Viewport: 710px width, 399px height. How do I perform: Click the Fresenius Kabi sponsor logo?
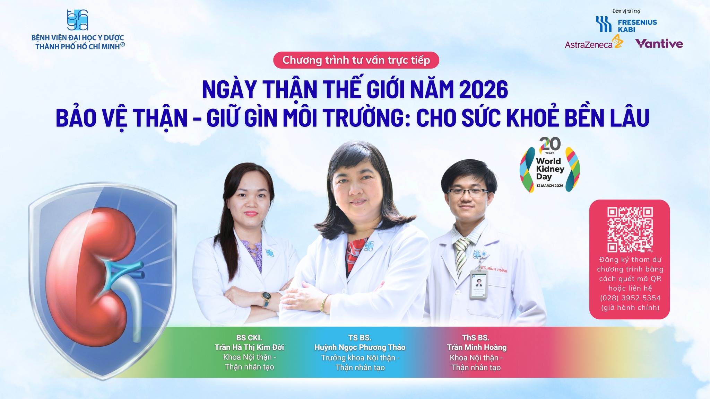point(626,25)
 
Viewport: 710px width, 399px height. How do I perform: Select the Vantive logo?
point(659,44)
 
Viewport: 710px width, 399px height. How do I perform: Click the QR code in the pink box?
point(630,230)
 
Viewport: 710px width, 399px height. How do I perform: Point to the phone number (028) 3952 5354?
point(630,298)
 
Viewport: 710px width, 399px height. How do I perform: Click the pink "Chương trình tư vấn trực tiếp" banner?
point(356,60)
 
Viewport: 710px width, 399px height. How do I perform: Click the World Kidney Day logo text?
point(550,169)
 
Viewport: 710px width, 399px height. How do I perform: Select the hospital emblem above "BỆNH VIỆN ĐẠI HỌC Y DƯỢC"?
point(77,20)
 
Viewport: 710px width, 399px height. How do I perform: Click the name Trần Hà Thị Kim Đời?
point(249,347)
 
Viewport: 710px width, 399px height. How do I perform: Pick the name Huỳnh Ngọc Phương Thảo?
point(360,347)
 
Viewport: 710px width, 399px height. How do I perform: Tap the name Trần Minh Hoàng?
point(476,347)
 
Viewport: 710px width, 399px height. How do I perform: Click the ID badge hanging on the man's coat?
point(479,284)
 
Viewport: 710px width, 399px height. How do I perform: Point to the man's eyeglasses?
point(468,191)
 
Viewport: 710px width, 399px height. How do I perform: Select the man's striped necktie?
point(461,255)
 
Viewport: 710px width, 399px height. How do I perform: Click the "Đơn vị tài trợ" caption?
point(626,11)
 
